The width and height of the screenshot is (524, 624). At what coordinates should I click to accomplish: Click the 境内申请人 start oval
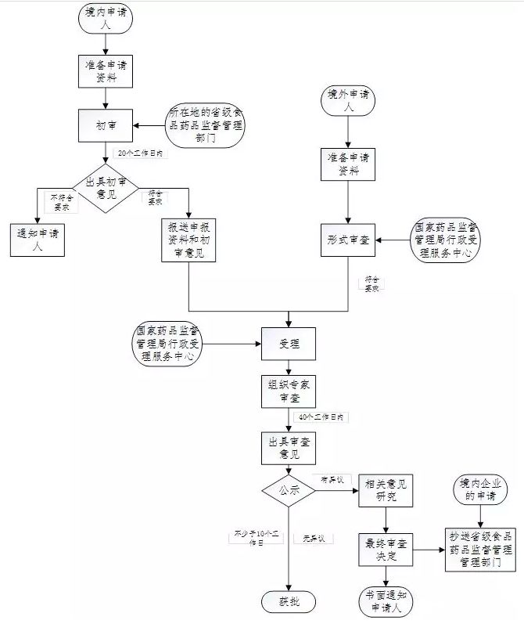(x=105, y=20)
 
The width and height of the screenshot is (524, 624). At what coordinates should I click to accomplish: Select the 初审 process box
(x=105, y=124)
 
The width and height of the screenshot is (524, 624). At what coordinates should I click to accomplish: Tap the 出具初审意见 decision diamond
(x=105, y=188)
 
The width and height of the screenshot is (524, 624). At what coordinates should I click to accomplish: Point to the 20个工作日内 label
(x=139, y=153)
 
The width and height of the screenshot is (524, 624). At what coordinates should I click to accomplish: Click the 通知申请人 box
(x=37, y=238)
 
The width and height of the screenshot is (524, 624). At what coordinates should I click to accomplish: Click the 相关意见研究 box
(x=386, y=491)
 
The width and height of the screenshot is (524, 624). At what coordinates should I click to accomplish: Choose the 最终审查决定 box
(x=386, y=550)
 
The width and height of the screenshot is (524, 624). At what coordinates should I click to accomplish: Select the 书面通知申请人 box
(x=386, y=599)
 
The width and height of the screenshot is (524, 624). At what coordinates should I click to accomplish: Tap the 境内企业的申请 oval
(x=479, y=491)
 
